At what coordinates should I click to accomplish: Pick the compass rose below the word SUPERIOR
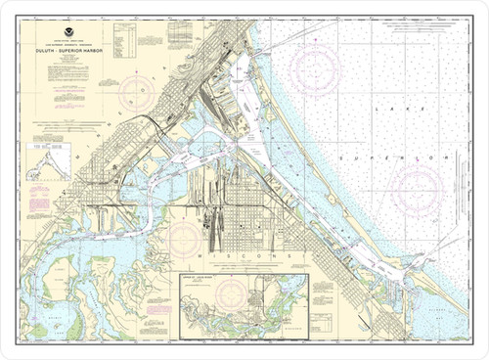coord(417,186)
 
